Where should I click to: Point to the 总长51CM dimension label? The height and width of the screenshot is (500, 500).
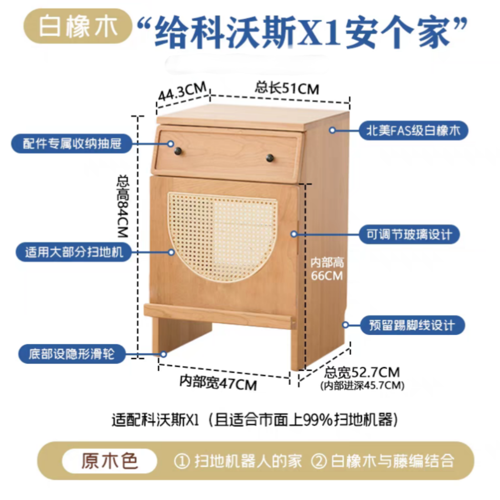pos(287,89)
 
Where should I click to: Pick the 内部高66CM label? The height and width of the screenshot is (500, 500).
pos(327,269)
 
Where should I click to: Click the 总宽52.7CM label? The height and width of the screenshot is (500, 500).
pos(362,372)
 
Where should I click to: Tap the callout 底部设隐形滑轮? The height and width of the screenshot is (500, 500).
pos(72,354)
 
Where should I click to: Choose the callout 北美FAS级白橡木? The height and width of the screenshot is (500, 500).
pos(413,131)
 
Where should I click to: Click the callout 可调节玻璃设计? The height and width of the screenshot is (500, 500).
pos(413,235)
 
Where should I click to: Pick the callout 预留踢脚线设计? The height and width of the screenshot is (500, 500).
pos(413,325)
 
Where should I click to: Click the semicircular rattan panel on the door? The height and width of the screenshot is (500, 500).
pos(223,236)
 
